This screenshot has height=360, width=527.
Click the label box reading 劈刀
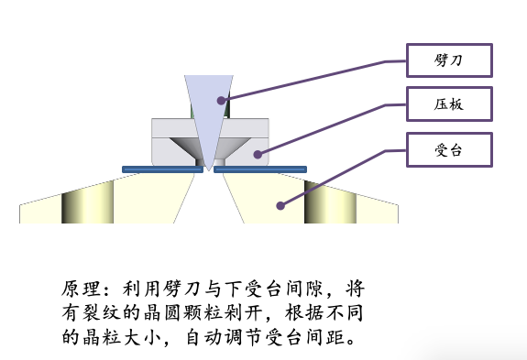pyautogui.click(x=449, y=60)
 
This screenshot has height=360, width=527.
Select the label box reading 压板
pyautogui.click(x=449, y=104)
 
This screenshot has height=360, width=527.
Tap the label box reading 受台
pyautogui.click(x=449, y=150)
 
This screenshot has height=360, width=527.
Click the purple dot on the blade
pyautogui.click(x=221, y=101)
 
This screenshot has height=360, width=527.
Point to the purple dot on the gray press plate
pyautogui.click(x=258, y=155)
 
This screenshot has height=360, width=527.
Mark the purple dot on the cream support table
pyautogui.click(x=280, y=205)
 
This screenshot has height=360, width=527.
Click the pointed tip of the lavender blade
pyautogui.click(x=209, y=171)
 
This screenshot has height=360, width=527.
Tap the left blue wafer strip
pyautogui.click(x=162, y=169)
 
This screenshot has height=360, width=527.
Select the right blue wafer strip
pyautogui.click(x=260, y=169)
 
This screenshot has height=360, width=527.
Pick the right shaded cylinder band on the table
pyautogui.click(x=330, y=202)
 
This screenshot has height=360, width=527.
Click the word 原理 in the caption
pyautogui.click(x=82, y=289)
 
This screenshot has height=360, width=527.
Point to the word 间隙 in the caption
pyautogui.click(x=304, y=289)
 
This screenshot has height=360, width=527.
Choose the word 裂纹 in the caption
pyautogui.click(x=101, y=313)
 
